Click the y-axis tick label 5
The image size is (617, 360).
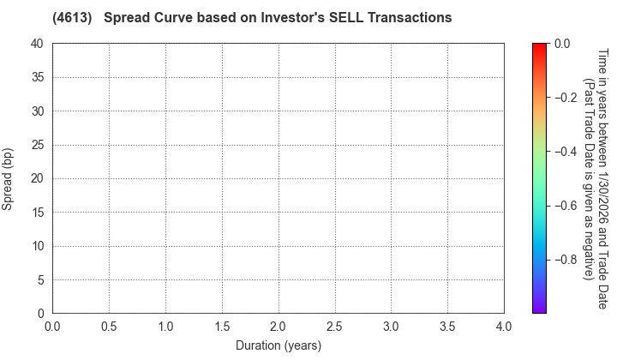[40, 280]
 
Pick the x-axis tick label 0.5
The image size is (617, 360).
[109, 327]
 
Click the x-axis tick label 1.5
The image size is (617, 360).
[222, 327]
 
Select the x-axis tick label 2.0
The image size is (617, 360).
[278, 327]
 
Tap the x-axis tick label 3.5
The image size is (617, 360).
[447, 327]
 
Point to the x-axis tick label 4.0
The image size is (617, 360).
[504, 327]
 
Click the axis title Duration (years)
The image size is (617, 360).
[278, 345]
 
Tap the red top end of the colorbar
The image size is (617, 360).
[540, 45]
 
